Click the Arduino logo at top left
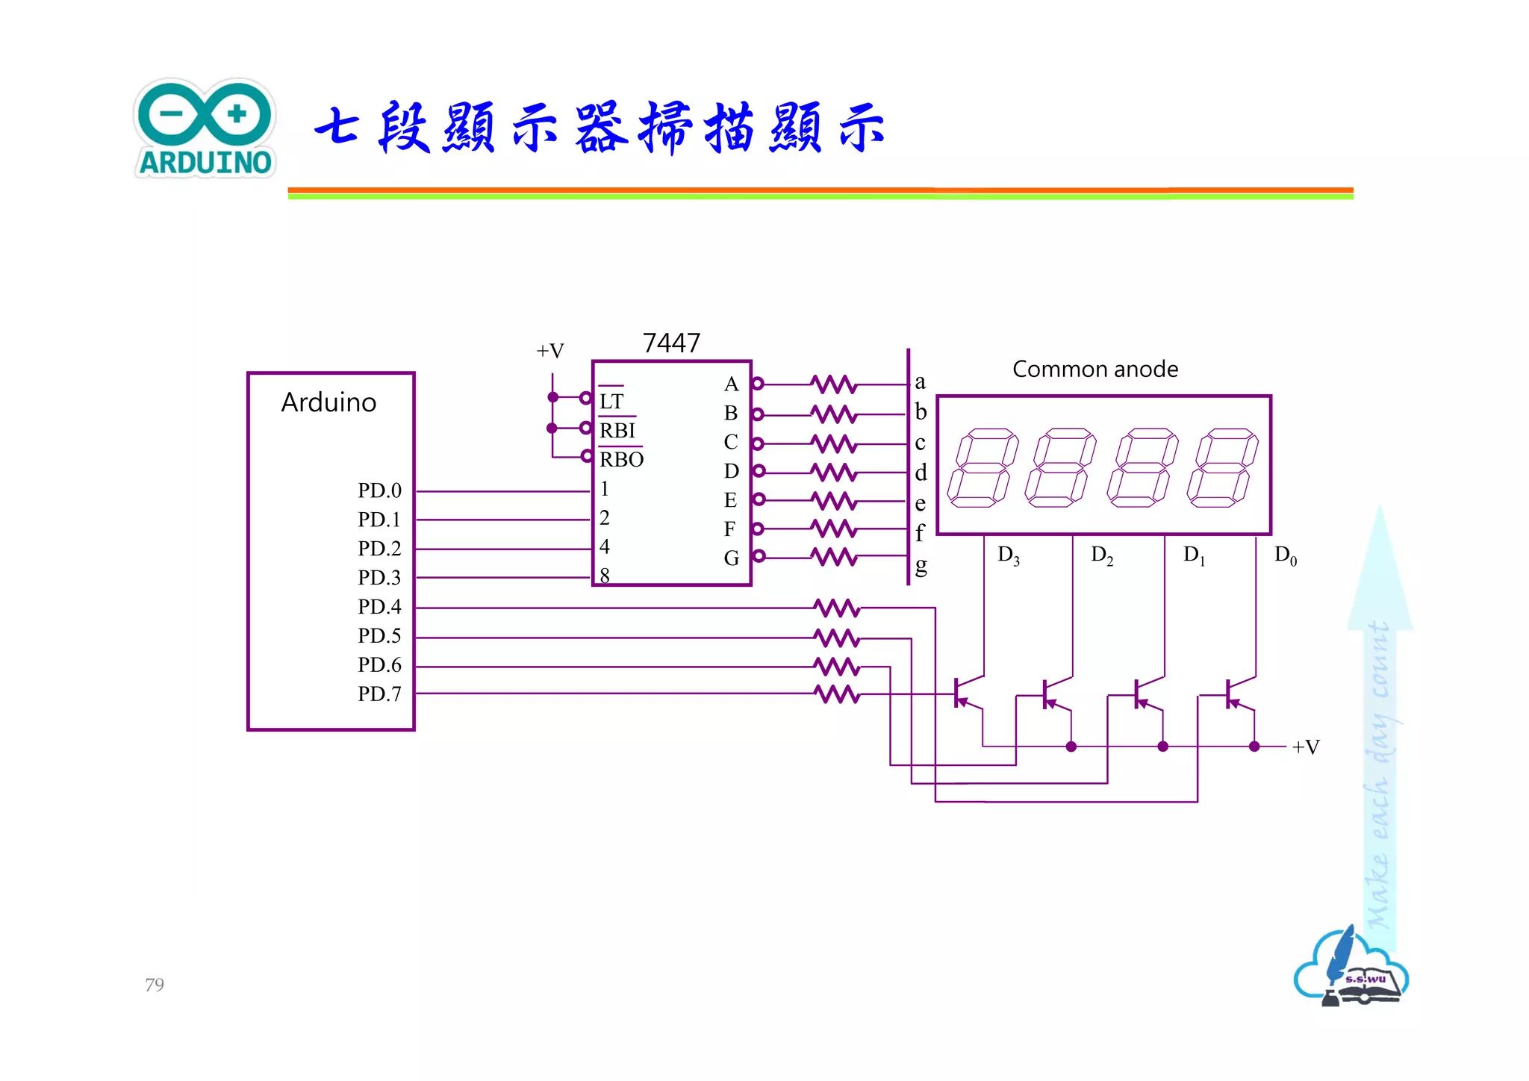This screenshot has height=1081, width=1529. pos(205,128)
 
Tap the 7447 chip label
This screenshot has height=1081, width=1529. pos(671,343)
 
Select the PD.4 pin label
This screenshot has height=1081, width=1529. pos(379,606)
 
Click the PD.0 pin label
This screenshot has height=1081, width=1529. pos(379,490)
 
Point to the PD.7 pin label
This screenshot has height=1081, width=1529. pos(379,694)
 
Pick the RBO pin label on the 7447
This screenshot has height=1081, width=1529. pos(621,459)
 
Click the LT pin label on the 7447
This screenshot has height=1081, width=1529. pos(611,402)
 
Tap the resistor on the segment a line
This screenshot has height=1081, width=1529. pos(833,384)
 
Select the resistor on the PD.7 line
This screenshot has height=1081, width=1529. pos(837,694)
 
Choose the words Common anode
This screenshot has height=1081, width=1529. pos(1094,369)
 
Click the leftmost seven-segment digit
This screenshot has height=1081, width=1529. pos(982,468)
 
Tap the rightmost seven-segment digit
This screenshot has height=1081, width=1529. pos(1222,468)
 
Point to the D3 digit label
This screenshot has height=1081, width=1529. pos(1008,555)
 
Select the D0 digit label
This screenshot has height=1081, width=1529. pos(1285,555)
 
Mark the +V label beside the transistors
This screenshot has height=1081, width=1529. pos(1306,747)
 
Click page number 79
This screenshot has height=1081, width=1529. pos(155,985)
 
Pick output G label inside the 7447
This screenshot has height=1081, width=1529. pos(731,558)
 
